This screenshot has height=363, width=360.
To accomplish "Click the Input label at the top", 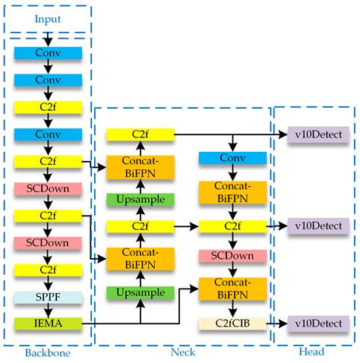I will click(x=47, y=14).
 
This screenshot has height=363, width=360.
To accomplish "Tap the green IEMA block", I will click(x=49, y=324).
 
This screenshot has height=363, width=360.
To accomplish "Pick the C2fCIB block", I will click(x=232, y=324).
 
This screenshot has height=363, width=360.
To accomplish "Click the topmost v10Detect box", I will click(x=318, y=134).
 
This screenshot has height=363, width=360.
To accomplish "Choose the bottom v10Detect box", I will click(x=318, y=324).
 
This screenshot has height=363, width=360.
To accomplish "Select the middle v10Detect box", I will click(x=318, y=226).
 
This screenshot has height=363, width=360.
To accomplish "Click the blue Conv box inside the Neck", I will click(x=232, y=158).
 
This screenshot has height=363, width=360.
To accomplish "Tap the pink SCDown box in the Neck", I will click(x=232, y=254).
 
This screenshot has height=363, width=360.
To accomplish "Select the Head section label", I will click(x=313, y=353).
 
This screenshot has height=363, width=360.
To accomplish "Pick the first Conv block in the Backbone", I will click(x=49, y=52).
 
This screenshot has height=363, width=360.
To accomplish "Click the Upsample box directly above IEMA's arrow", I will click(x=140, y=292).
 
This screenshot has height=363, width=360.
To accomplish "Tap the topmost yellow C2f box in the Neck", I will click(x=140, y=134).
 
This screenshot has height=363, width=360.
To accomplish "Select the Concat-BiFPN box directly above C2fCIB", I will click(x=232, y=288).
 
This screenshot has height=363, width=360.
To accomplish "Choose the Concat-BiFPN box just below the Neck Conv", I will click(x=232, y=192).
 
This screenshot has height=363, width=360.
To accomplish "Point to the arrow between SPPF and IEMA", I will click(x=49, y=310).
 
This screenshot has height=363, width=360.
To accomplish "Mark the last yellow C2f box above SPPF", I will click(x=49, y=269).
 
